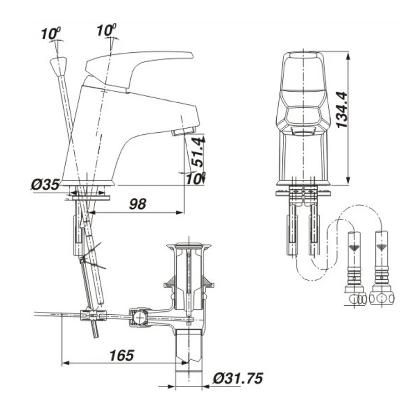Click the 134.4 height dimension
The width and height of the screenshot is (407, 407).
click(x=341, y=109)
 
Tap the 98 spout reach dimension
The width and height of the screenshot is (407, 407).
click(x=137, y=204)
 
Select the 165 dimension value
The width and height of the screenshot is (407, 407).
click(x=122, y=355)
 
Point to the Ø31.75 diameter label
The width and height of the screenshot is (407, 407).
click(x=238, y=378)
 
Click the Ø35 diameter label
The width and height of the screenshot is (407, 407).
click(x=45, y=184)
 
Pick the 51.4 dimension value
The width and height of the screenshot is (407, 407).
click(x=198, y=152)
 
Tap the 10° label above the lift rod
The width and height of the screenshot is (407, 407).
click(x=51, y=34)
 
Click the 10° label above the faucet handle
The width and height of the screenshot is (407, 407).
click(x=107, y=30)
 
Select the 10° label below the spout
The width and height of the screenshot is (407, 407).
click(x=196, y=179)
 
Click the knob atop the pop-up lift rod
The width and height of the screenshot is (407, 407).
click(x=59, y=66)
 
